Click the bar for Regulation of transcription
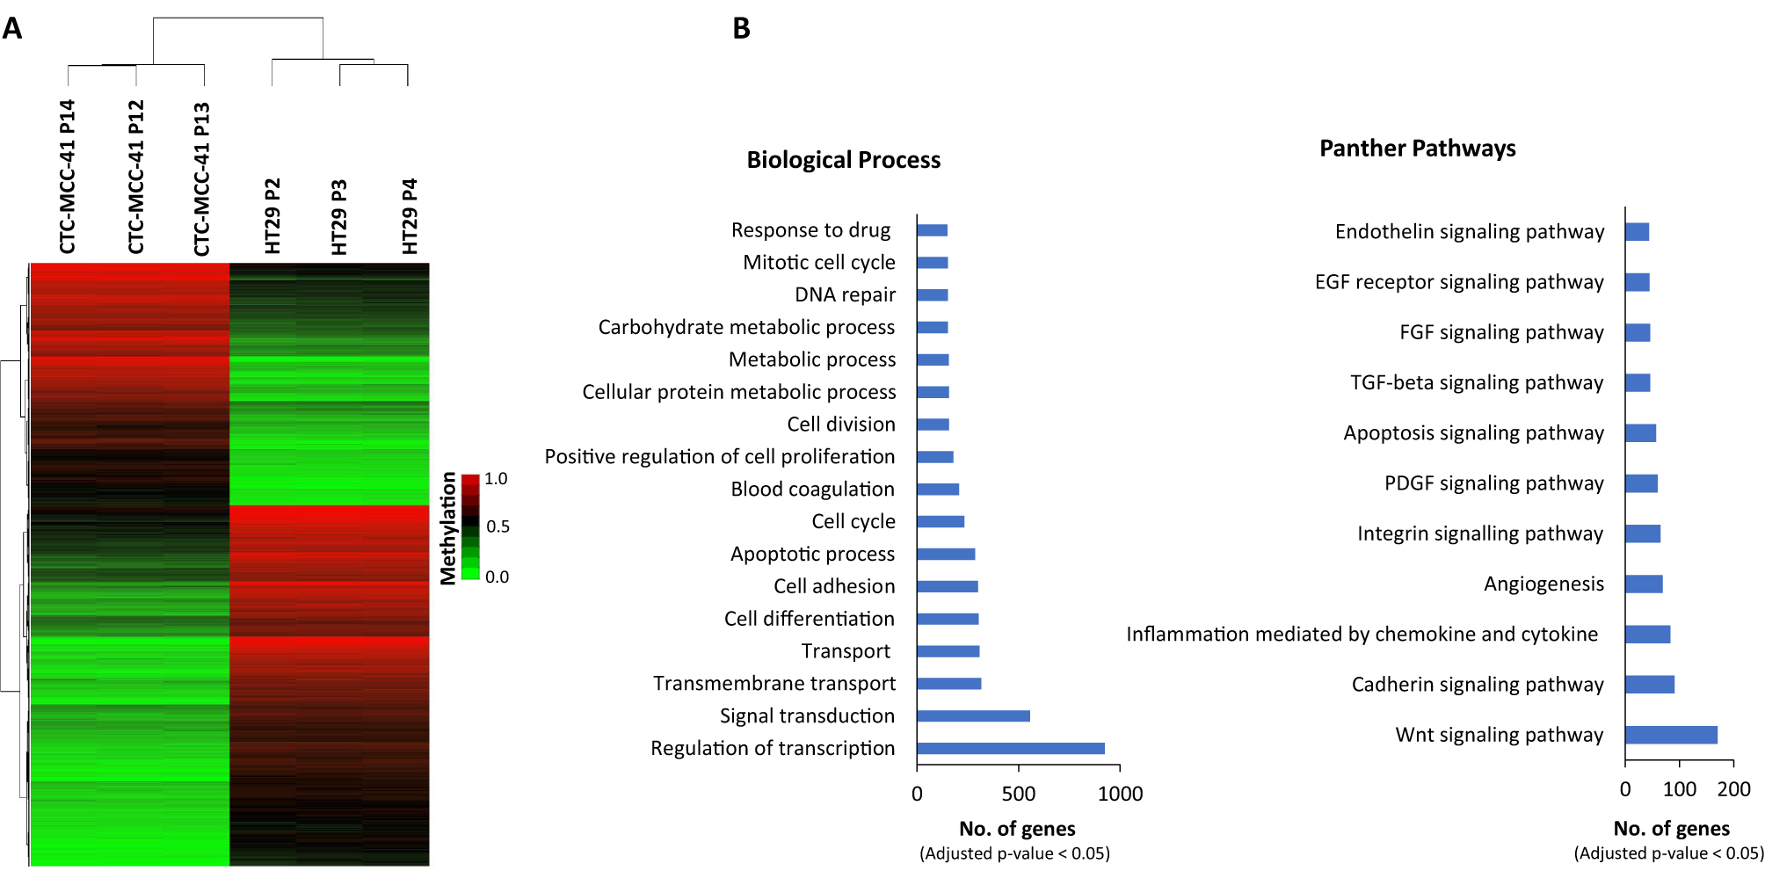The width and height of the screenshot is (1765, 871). pos(1010,748)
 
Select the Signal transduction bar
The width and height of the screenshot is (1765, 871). pos(973,715)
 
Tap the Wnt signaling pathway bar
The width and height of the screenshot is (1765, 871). pos(1671,735)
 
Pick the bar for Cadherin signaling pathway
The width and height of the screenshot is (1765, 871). pos(1650,685)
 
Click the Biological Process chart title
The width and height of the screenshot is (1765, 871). pos(843,160)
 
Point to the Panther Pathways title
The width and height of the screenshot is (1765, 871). pos(1417,149)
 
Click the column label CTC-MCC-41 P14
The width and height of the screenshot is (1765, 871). pos(68,177)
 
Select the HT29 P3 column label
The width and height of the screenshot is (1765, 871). pos(339,217)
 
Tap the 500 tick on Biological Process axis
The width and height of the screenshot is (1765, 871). pos(1018,794)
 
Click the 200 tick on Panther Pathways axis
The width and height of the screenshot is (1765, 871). pos(1733,789)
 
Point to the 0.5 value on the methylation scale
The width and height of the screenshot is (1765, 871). pos(498,526)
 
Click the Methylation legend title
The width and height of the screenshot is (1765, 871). pos(448,527)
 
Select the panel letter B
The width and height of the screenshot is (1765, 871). pos(741,29)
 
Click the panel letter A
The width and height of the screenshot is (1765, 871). pos(12,29)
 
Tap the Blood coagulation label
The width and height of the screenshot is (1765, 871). pos(812,490)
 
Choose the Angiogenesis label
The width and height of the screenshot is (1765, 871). pos(1543,584)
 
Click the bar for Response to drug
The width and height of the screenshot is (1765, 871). pos(932,230)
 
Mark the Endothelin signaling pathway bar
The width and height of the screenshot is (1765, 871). pos(1637,232)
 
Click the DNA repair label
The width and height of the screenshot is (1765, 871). pos(845,295)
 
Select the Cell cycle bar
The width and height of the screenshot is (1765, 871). pos(941,521)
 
